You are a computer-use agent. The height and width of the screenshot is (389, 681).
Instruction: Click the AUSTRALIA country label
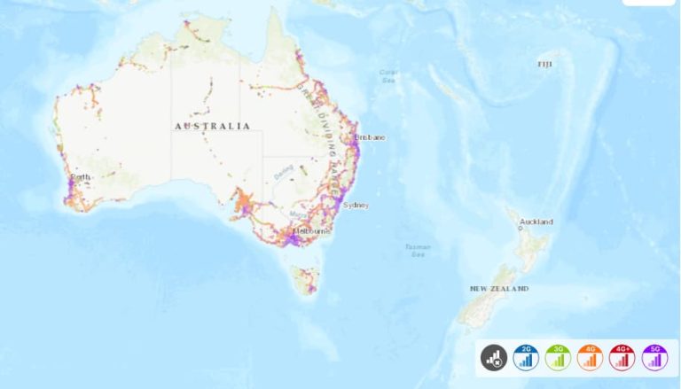tap(212, 127)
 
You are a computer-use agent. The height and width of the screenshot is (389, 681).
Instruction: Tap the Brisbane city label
tap(370, 137)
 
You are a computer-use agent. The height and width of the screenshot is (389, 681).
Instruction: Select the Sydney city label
tap(356, 205)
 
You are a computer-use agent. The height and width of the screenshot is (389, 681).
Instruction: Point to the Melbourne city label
tap(311, 230)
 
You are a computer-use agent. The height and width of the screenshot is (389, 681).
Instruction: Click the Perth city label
tap(81, 177)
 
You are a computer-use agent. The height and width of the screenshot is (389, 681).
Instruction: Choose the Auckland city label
tap(536, 222)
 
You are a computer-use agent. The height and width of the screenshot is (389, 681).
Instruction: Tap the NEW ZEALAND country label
tap(499, 289)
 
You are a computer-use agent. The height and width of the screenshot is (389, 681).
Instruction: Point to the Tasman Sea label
tap(417, 250)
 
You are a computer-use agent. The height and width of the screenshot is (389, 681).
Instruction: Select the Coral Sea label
tap(387, 75)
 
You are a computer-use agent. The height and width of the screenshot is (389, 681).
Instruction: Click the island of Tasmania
tap(307, 280)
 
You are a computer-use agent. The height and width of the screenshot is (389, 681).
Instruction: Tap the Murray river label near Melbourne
tap(295, 214)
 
